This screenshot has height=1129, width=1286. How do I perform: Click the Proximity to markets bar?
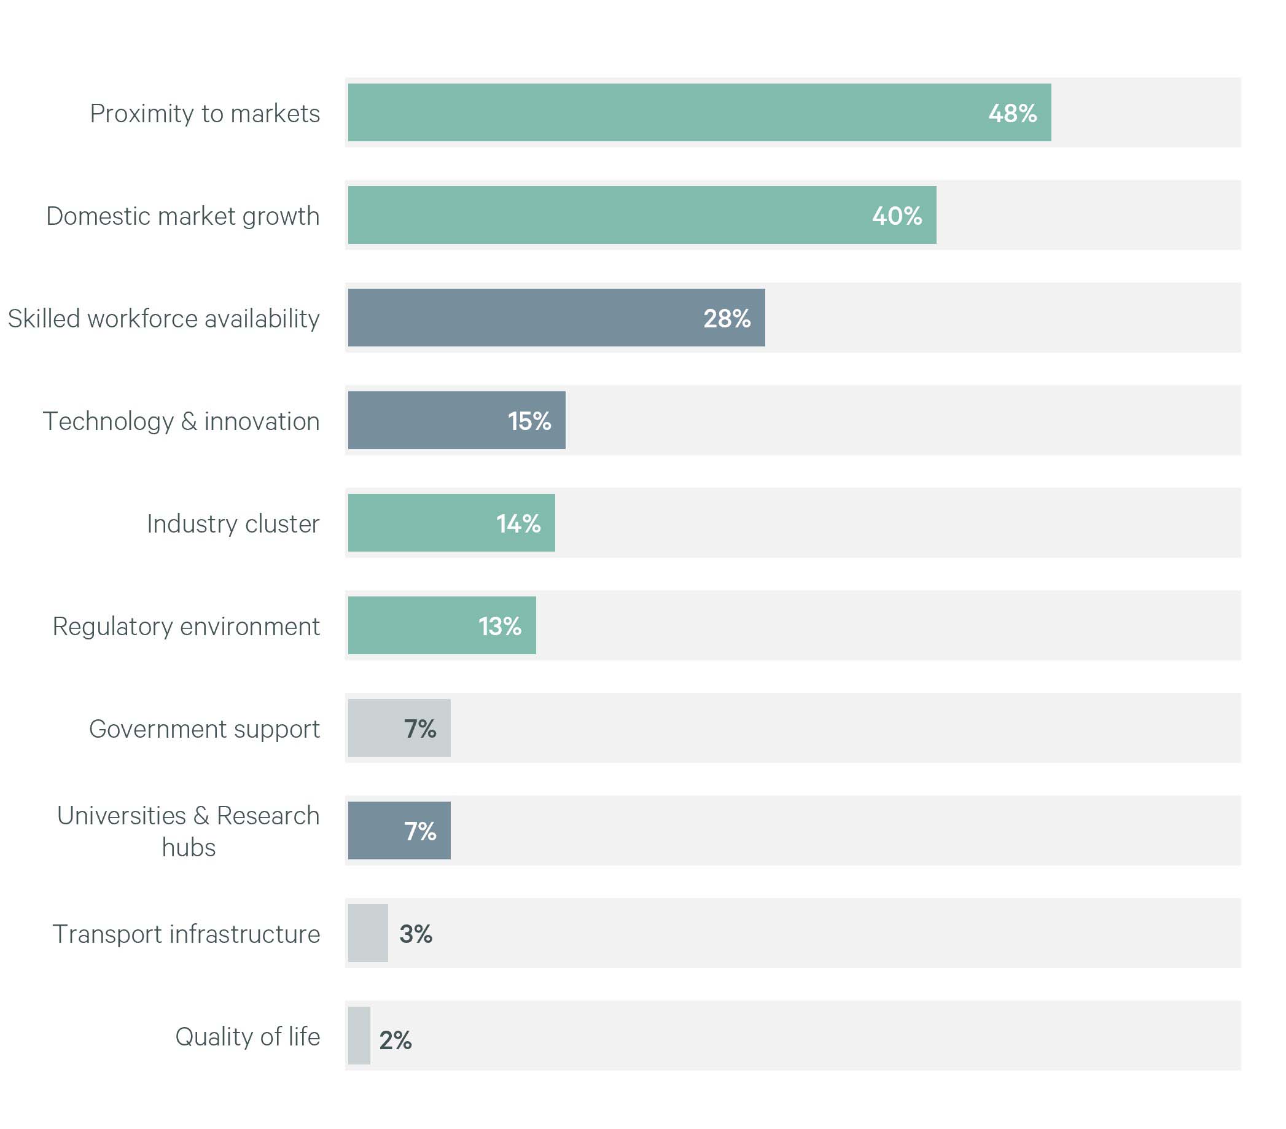[x=699, y=112]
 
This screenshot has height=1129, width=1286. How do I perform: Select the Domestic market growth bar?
[x=642, y=215]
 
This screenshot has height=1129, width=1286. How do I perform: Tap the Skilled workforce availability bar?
[x=556, y=318]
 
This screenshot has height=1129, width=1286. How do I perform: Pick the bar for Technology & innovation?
[x=457, y=420]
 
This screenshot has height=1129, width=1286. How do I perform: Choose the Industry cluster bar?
[x=451, y=523]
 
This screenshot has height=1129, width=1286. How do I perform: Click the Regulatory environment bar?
[x=442, y=625]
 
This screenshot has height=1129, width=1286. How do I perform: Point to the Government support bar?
[x=399, y=728]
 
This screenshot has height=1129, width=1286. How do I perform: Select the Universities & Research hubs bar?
[x=399, y=830]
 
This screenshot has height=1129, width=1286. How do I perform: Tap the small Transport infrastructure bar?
[x=367, y=933]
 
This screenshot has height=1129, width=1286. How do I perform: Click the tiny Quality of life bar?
[x=359, y=1036]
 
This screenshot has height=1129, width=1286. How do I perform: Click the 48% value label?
[x=1012, y=113]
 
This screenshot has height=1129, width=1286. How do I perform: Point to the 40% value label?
[x=897, y=216]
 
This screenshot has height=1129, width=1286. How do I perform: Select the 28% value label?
[x=727, y=318]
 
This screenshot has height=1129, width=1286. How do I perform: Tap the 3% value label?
[x=415, y=934]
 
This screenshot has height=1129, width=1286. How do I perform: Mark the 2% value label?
[x=395, y=1041]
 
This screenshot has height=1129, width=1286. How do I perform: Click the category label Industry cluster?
[x=233, y=523]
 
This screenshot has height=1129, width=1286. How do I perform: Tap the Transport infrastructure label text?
[x=186, y=934]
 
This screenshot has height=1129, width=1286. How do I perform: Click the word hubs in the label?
[x=189, y=847]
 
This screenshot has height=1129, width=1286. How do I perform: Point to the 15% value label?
[x=529, y=421]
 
